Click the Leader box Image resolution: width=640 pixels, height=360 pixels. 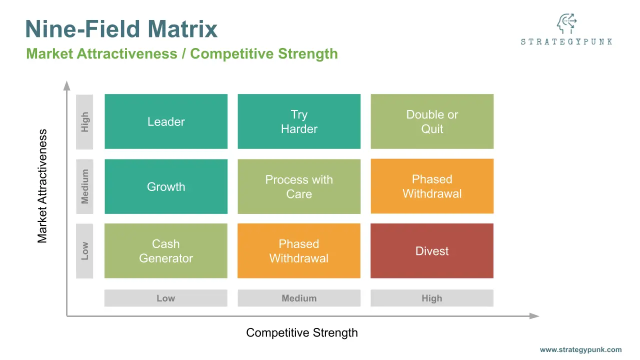[166, 121]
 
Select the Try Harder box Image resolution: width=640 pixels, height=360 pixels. [299, 121]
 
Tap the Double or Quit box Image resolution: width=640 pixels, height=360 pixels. [432, 121]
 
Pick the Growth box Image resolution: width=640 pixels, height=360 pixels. [166, 186]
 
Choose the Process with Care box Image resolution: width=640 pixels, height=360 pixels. [299, 186]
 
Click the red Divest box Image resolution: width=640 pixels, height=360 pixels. [432, 251]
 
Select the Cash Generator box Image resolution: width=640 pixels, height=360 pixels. [166, 251]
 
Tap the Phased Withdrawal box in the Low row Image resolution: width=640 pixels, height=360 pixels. [299, 251]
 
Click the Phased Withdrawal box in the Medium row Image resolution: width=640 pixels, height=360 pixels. [432, 186]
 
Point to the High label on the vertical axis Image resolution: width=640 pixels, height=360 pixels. [84, 121]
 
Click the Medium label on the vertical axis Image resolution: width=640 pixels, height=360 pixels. [84, 186]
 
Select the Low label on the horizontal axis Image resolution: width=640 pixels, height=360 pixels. [166, 298]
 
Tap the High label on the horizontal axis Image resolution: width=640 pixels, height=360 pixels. [432, 298]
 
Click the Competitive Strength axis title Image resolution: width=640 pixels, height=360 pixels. [302, 333]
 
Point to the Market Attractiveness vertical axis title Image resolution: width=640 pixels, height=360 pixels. [42, 186]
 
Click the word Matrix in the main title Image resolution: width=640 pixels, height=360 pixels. [182, 29]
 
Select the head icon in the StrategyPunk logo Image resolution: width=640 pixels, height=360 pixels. [566, 23]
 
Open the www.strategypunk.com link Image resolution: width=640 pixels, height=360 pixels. [581, 349]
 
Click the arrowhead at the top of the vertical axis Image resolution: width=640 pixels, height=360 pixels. [66, 85]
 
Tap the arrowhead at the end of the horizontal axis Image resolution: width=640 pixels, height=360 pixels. [534, 316]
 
